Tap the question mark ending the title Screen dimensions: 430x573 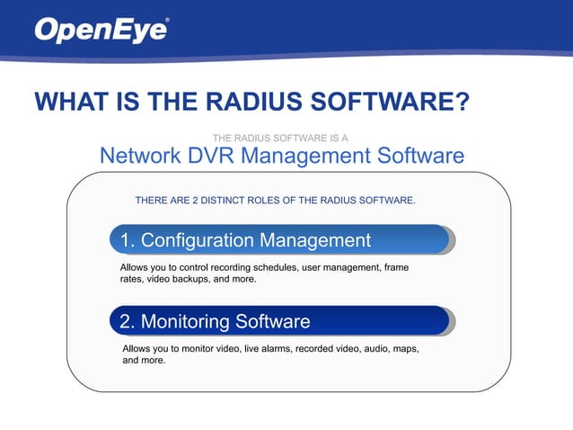[461, 101]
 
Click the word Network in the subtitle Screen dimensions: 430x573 [140, 156]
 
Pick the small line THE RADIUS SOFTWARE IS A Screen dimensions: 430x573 [280, 138]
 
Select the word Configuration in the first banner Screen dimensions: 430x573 [197, 241]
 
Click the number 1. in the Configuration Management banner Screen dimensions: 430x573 [128, 241]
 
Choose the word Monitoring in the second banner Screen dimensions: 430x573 [186, 321]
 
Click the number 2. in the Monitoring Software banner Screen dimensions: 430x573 [128, 321]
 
